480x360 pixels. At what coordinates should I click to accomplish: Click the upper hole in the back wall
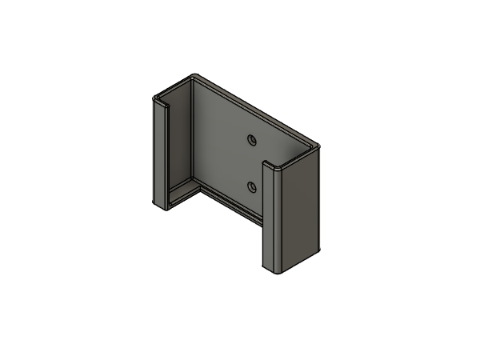[251, 140]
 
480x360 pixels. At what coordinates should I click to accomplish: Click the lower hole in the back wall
[252, 187]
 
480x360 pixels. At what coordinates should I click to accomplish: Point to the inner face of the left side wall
[181, 136]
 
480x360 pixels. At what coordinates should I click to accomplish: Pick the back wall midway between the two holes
[251, 164]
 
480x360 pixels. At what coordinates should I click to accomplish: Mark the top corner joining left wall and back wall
[194, 77]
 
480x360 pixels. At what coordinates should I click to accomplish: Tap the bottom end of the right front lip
[272, 270]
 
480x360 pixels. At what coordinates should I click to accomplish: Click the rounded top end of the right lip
[273, 166]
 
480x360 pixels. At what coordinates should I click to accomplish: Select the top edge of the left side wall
[174, 86]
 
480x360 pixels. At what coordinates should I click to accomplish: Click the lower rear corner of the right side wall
[319, 250]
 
